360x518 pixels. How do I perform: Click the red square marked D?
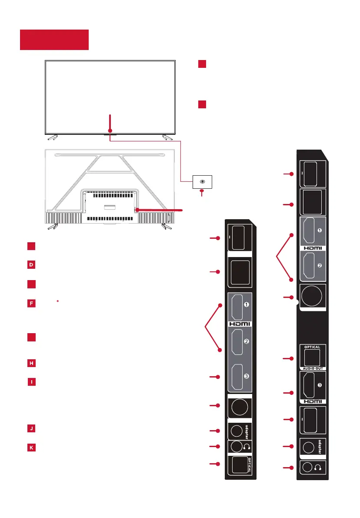click(x=31, y=264)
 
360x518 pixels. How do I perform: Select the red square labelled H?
click(x=31, y=363)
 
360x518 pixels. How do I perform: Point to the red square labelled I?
click(x=31, y=382)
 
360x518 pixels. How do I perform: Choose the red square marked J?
click(x=31, y=428)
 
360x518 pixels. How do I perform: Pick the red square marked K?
click(x=31, y=447)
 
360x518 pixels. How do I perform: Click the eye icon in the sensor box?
click(x=202, y=181)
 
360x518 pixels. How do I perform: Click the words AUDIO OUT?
click(x=312, y=368)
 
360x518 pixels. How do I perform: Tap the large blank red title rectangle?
click(x=54, y=40)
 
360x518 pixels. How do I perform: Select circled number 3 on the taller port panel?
click(x=320, y=385)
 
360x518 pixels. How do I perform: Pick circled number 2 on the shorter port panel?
click(x=246, y=341)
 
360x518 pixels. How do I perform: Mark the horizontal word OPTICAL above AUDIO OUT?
click(x=312, y=347)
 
